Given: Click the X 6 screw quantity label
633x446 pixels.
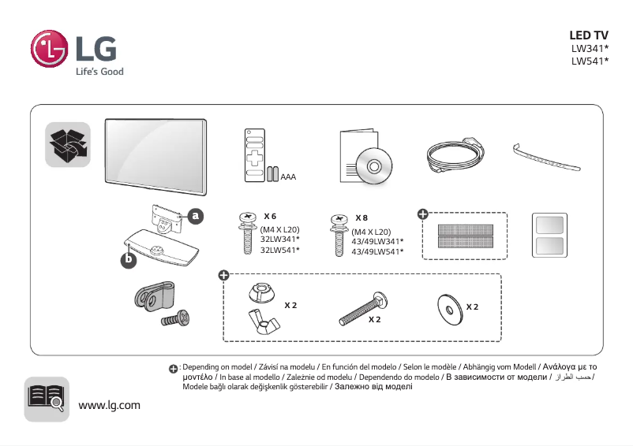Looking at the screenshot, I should pyautogui.click(x=270, y=216).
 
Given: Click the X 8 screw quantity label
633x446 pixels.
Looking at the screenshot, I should pyautogui.click(x=361, y=217).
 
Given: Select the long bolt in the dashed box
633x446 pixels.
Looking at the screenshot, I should pyautogui.click(x=362, y=310).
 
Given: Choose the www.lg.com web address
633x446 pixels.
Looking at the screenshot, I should pyautogui.click(x=110, y=405).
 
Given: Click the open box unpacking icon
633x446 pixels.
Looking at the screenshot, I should pyautogui.click(x=68, y=145).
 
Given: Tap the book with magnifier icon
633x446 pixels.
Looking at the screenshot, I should pyautogui.click(x=47, y=399).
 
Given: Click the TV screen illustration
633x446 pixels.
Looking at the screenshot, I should pyautogui.click(x=155, y=153).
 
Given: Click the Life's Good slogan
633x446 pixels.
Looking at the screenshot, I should pyautogui.click(x=99, y=72).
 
